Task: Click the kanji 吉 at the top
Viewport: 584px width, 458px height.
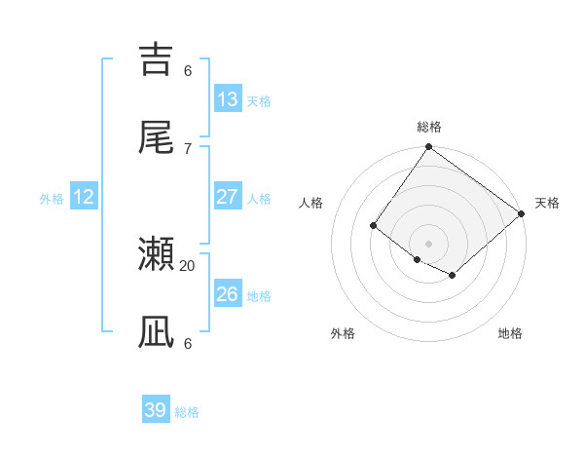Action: (157, 57)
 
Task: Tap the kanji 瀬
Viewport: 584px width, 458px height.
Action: (157, 254)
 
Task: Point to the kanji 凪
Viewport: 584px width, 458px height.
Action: (157, 332)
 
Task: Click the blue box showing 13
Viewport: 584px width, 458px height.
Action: (228, 99)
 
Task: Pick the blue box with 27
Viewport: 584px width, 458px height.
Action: (228, 197)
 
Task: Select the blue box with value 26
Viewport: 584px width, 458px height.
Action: (228, 294)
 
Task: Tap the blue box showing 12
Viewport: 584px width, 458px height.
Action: (84, 197)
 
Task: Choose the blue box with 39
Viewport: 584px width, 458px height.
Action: (156, 410)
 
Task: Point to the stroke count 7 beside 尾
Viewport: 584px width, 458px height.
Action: (188, 148)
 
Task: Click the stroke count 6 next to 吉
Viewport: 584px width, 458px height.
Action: (188, 70)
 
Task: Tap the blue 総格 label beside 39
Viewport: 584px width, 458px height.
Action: (187, 412)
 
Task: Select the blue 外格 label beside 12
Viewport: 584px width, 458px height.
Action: (52, 199)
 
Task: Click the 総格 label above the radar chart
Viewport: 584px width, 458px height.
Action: (429, 127)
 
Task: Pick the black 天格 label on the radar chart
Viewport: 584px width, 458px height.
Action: (547, 203)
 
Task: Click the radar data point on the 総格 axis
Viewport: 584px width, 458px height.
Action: (429, 148)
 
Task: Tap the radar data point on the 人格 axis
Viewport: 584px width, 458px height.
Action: (373, 226)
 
